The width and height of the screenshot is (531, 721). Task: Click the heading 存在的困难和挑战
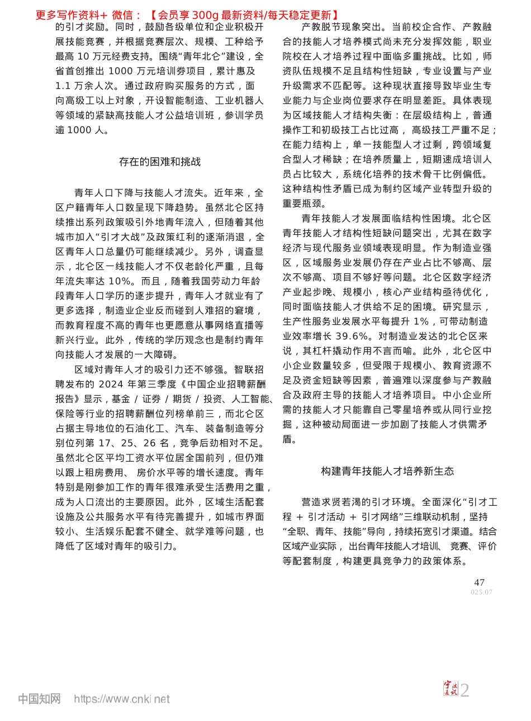pyautogui.click(x=160, y=162)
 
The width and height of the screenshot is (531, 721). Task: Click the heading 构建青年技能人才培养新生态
pyautogui.click(x=387, y=471)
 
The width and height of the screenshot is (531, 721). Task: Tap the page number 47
pyautogui.click(x=479, y=582)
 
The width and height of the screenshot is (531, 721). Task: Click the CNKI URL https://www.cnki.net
pyautogui.click(x=122, y=699)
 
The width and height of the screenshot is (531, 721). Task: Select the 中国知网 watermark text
pyautogui.click(x=39, y=699)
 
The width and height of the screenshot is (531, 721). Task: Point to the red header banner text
pyautogui.click(x=187, y=15)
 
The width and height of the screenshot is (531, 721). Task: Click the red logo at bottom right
pyautogui.click(x=450, y=689)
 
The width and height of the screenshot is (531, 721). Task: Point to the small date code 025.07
pyautogui.click(x=481, y=592)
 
